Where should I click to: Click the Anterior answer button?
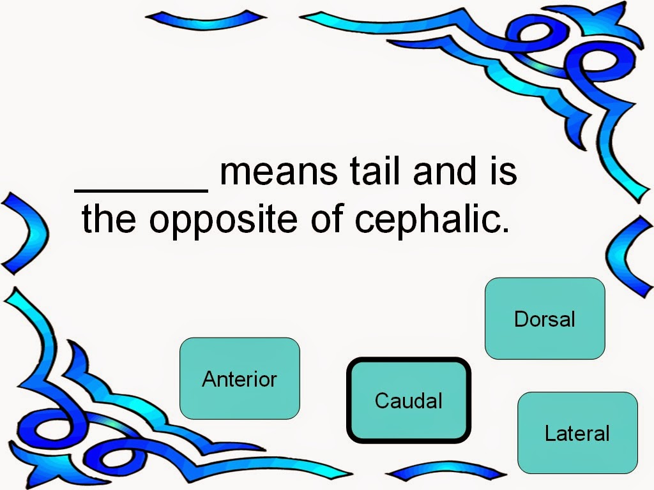[x=240, y=378]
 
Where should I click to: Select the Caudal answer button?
[x=409, y=400]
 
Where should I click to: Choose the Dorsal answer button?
[x=545, y=318]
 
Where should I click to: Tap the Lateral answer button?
[x=577, y=433]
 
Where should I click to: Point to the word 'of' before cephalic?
[x=327, y=219]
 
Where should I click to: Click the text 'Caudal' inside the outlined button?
[x=409, y=400]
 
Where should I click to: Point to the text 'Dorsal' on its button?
[x=545, y=318]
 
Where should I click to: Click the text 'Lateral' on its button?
[x=577, y=433]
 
